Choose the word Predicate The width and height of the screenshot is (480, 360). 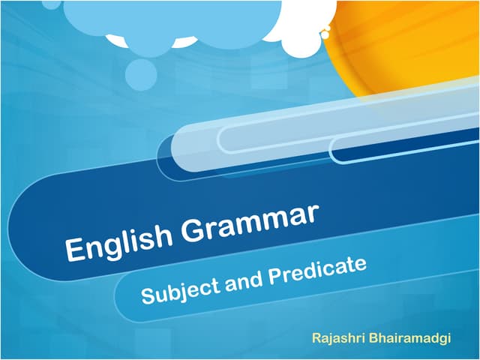coord(310,269)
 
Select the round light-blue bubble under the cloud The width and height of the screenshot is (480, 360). coord(141,73)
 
